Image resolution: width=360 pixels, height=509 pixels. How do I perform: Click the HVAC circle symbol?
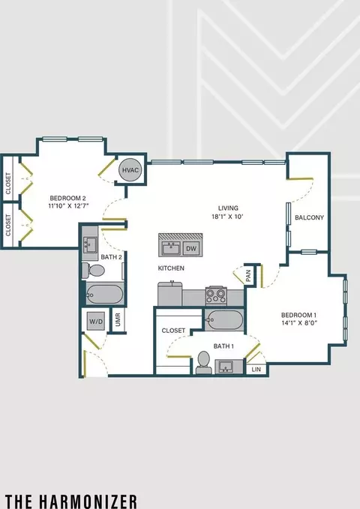coord(130,169)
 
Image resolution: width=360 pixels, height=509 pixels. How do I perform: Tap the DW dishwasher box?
coord(191,249)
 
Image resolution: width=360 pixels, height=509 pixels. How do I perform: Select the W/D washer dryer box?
coord(96,322)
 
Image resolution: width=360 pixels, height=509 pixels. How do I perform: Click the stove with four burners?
coord(216,296)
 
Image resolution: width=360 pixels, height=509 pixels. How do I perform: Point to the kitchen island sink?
coord(171,249)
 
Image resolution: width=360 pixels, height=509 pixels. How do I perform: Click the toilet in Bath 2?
coord(93,271)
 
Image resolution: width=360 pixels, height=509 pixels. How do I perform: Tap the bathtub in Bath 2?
coord(104,294)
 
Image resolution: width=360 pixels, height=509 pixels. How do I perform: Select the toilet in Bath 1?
coord(204,362)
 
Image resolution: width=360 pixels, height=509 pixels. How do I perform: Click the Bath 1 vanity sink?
coord(229,367)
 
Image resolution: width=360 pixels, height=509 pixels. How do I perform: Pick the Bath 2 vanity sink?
coord(89,244)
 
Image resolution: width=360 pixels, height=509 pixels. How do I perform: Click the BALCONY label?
coord(309,217)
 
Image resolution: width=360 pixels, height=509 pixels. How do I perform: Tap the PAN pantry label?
coord(248,276)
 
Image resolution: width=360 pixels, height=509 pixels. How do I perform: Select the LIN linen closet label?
coord(256,370)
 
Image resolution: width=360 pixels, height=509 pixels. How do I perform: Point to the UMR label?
coord(118,320)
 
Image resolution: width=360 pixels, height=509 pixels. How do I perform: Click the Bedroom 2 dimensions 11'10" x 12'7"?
coord(68,205)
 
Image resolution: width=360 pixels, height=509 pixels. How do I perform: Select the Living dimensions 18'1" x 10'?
coord(227,217)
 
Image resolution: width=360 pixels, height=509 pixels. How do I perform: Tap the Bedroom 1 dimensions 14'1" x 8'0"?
coord(299,323)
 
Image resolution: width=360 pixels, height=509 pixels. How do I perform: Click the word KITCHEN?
coord(171,268)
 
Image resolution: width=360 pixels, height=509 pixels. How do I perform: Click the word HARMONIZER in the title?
coord(88,502)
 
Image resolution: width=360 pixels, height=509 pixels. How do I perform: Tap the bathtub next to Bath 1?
coord(224,319)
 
